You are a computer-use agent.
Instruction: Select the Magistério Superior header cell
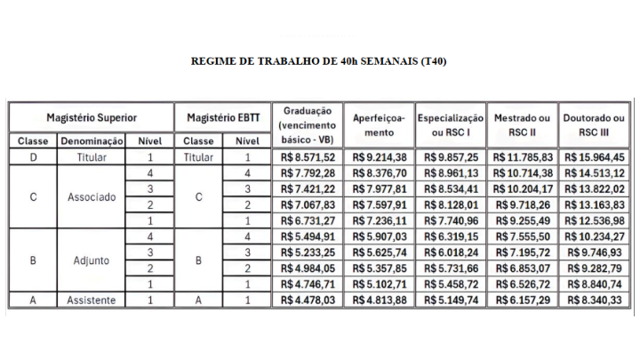tap(91, 117)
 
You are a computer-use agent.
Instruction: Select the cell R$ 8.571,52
tap(307, 157)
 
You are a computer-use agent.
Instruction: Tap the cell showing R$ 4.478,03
tap(307, 300)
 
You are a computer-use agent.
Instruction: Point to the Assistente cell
tap(92, 300)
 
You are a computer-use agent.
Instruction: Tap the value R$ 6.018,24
tap(451, 252)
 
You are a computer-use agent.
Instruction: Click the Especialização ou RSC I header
tap(451, 124)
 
